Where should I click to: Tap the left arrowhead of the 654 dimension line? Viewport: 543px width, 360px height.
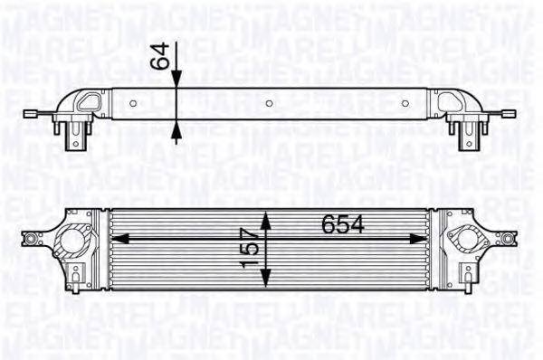(x=119, y=238)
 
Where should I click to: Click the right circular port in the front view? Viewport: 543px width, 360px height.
(x=470, y=242)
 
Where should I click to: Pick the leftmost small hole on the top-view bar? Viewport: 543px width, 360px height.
(x=133, y=105)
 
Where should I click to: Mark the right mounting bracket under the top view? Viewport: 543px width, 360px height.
(x=464, y=136)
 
